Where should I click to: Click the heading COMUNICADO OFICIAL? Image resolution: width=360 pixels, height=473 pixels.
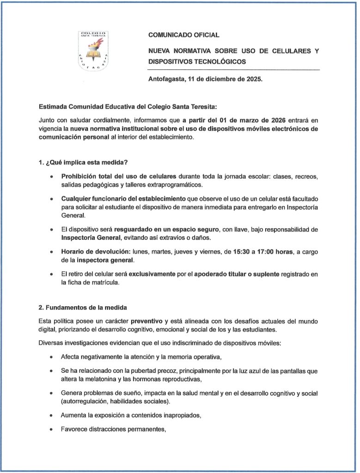point(183,35)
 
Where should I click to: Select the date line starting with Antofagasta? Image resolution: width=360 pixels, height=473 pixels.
point(205,79)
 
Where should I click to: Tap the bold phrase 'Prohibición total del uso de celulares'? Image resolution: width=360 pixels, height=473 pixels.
point(119,177)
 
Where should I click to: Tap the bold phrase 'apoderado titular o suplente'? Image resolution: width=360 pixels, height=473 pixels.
point(236,274)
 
